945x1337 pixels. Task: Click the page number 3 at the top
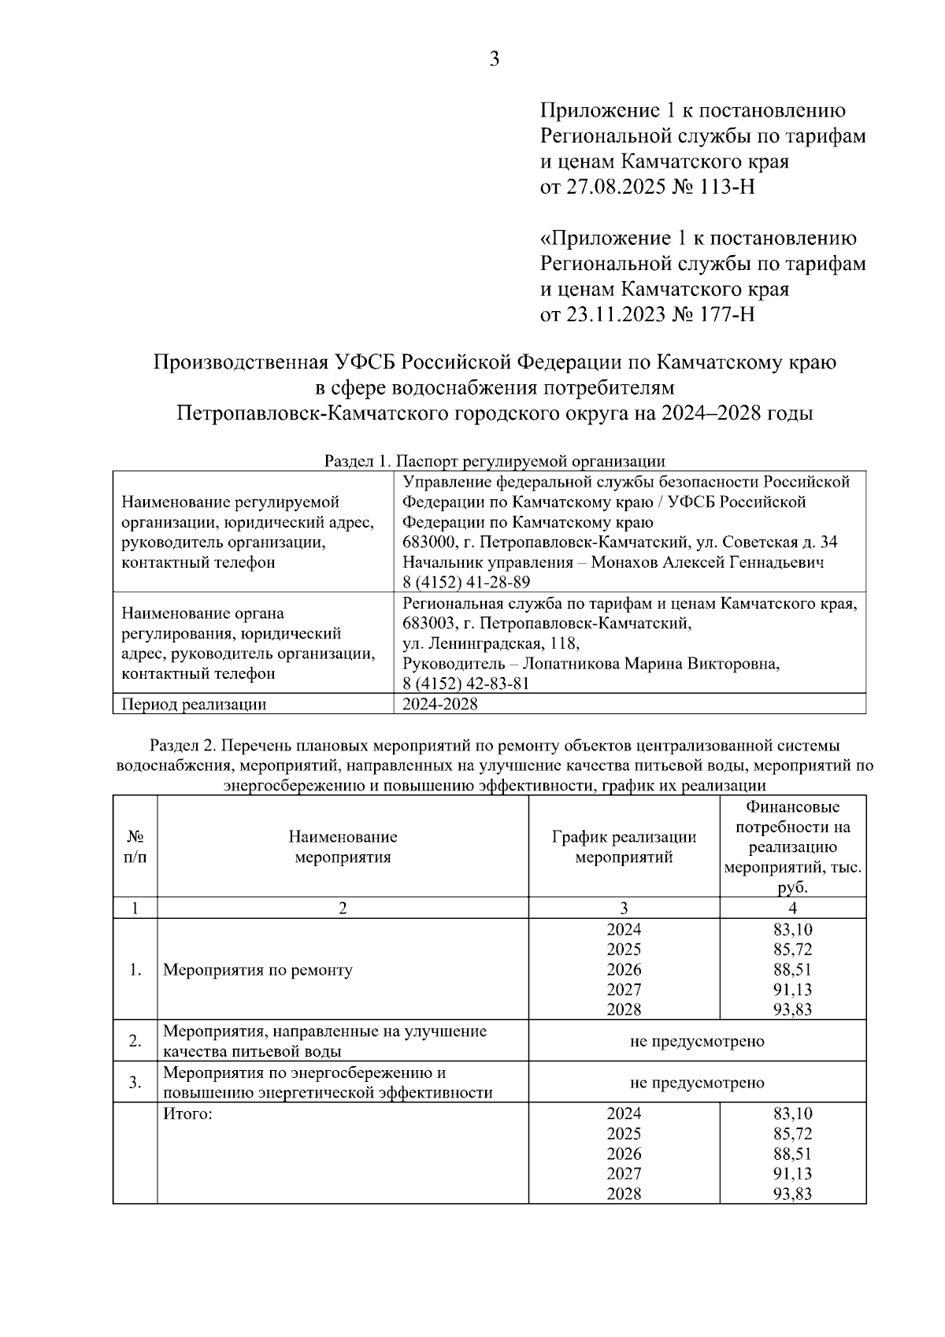[495, 60]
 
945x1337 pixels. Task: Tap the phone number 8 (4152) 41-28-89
[466, 583]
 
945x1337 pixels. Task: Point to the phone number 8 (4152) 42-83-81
[466, 683]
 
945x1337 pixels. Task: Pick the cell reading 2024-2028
[439, 704]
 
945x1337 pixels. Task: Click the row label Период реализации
[194, 704]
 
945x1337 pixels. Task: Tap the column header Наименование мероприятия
[343, 846]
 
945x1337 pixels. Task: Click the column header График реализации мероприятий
[624, 846]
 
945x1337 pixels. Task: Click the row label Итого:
[188, 1113]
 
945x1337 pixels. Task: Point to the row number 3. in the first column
[135, 1082]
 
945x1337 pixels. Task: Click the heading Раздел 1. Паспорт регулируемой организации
[495, 461]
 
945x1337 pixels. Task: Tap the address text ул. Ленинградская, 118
[491, 643]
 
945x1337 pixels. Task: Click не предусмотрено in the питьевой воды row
[697, 1041]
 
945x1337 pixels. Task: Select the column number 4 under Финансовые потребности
[792, 908]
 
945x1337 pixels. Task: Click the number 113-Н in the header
[724, 187]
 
